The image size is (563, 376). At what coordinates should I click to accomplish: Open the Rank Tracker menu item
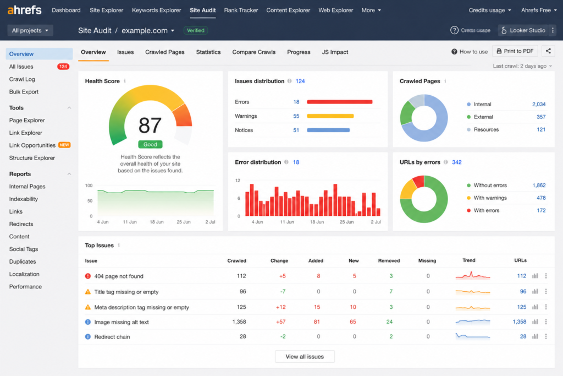pyautogui.click(x=241, y=10)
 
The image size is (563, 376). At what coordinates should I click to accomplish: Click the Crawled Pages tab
pyautogui.click(x=165, y=52)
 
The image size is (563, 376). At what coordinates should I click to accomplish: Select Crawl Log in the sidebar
pyautogui.click(x=22, y=79)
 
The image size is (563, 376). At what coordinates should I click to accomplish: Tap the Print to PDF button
pyautogui.click(x=515, y=51)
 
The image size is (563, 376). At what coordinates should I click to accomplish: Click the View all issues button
pyautogui.click(x=305, y=357)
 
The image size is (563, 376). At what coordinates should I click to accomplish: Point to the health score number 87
pyautogui.click(x=150, y=126)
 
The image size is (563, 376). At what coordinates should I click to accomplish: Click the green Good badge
pyautogui.click(x=150, y=144)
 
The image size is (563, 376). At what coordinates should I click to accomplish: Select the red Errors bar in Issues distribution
pyautogui.click(x=340, y=102)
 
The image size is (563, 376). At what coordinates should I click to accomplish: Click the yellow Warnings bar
pyautogui.click(x=330, y=116)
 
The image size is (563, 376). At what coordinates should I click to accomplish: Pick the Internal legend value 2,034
pyautogui.click(x=539, y=104)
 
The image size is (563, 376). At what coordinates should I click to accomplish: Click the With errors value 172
pyautogui.click(x=541, y=210)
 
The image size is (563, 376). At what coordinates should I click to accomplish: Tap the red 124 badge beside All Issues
pyautogui.click(x=63, y=67)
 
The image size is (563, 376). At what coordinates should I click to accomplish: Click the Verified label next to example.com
pyautogui.click(x=196, y=31)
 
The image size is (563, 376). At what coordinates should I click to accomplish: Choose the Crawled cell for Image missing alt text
pyautogui.click(x=239, y=321)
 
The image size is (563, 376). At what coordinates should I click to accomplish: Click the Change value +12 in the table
pyautogui.click(x=281, y=307)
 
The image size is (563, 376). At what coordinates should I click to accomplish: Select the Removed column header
pyautogui.click(x=389, y=260)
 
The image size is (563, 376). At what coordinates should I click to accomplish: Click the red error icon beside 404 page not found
pyautogui.click(x=87, y=276)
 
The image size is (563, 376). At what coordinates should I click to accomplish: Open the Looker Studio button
pyautogui.click(x=523, y=31)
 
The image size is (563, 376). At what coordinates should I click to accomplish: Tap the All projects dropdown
pyautogui.click(x=30, y=31)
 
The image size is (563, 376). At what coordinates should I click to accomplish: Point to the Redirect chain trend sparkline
pyautogui.click(x=472, y=336)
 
